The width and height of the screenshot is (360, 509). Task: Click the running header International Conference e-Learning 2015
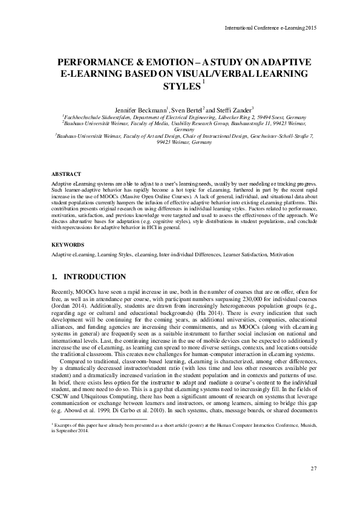click(270, 28)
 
